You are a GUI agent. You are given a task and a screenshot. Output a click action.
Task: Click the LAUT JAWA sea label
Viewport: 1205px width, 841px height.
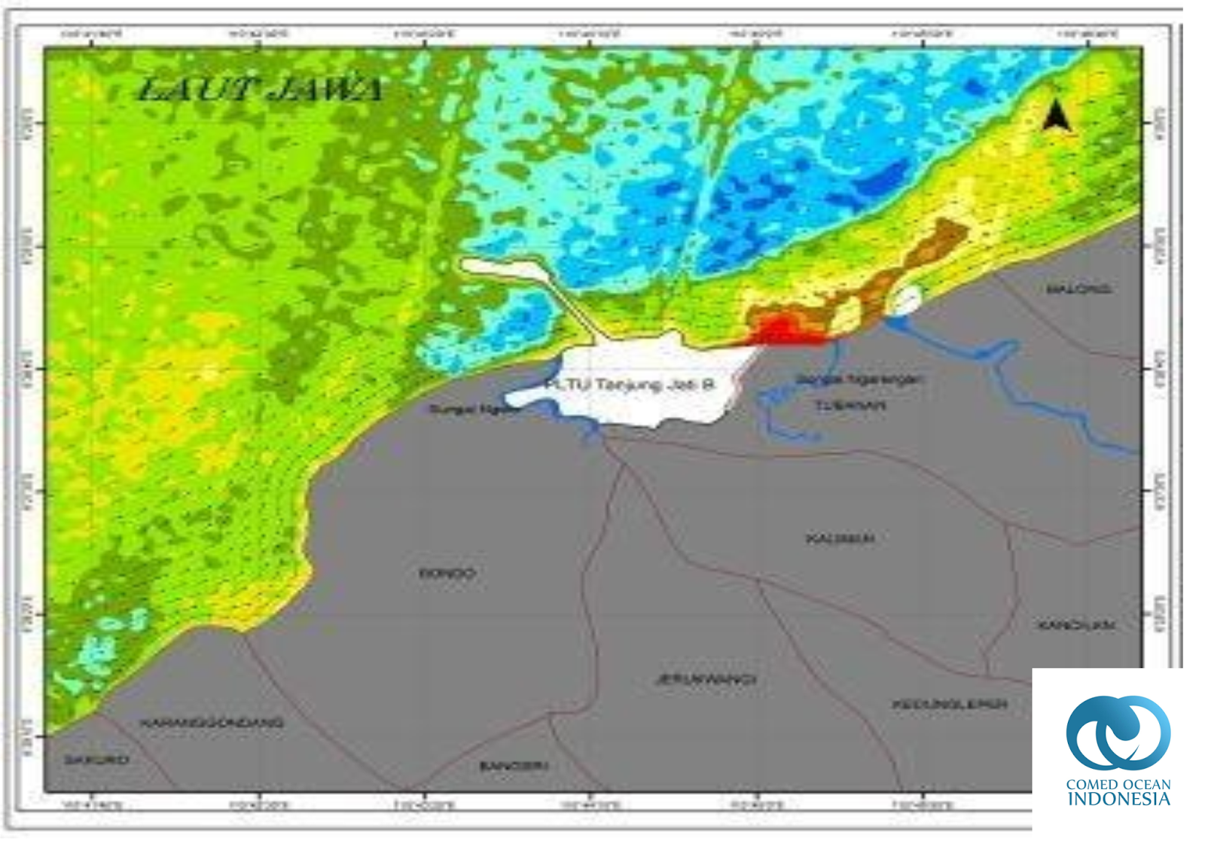pos(261,90)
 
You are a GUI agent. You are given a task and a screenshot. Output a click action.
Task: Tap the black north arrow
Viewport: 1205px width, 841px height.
pos(1057,117)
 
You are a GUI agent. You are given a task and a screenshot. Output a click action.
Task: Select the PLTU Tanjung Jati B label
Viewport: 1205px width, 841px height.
pos(629,385)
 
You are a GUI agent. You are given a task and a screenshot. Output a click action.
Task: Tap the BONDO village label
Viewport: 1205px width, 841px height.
pos(447,574)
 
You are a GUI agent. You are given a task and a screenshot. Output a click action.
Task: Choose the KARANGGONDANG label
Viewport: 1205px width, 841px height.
pos(212,723)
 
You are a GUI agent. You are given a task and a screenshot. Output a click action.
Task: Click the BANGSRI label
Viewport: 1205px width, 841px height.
pos(514,766)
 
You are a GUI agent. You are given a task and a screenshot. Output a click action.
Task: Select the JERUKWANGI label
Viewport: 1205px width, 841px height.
pos(706,680)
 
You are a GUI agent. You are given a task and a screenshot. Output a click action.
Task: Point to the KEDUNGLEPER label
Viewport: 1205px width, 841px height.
pos(950,705)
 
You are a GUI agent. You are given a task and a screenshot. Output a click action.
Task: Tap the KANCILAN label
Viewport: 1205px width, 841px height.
pos(1075,626)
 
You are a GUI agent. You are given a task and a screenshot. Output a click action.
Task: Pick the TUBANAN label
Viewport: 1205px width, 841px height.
pos(850,406)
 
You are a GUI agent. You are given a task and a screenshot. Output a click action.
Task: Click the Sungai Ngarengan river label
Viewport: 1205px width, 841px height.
pos(859,379)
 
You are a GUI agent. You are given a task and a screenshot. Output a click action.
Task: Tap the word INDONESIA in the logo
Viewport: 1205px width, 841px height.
pos(1118,799)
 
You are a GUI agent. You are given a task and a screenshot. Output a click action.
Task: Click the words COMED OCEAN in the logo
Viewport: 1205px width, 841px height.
pos(1118,784)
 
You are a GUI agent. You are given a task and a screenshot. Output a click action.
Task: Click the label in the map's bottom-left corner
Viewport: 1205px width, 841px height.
pos(96,760)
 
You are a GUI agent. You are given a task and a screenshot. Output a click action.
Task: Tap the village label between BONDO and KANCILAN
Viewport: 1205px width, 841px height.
pos(840,539)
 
